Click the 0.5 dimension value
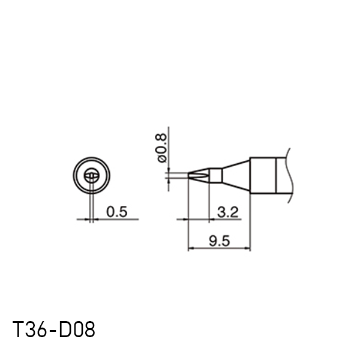point(116,212)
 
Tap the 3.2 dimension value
point(228,212)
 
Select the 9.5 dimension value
point(219,241)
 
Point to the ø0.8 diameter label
point(162,148)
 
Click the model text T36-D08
point(53,329)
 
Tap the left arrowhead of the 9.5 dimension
point(191,248)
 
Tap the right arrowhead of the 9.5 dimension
point(247,248)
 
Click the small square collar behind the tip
point(215,176)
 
